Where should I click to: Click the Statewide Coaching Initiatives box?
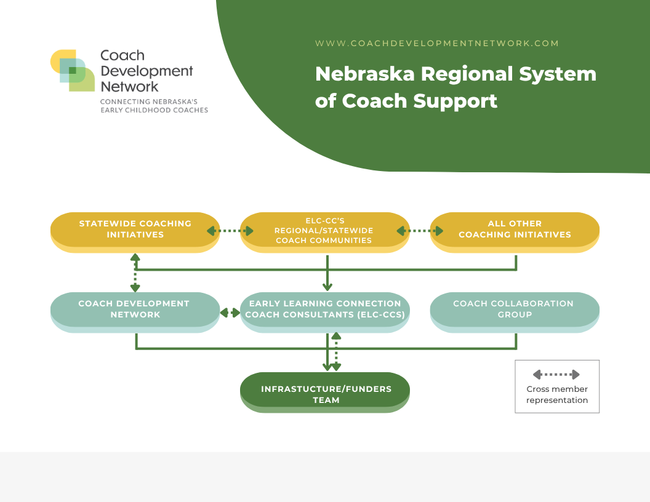point(135,233)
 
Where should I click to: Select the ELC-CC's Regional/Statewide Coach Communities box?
point(325,233)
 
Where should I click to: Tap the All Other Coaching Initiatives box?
point(515,233)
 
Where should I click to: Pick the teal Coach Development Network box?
point(135,313)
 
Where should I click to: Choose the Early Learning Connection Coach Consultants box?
point(325,313)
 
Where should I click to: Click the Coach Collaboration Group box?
point(515,313)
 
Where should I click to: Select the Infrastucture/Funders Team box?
point(325,392)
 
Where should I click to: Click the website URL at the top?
point(437,44)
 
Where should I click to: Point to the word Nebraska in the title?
point(365,74)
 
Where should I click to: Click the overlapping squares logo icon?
point(73,70)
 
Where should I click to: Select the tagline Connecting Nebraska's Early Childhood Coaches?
point(154,106)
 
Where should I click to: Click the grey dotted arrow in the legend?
point(556,375)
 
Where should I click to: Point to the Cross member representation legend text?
point(557,395)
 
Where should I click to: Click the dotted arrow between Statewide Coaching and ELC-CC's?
point(230,231)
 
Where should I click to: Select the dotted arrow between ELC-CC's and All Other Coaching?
point(420,231)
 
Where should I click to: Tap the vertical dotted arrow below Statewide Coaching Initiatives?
point(135,273)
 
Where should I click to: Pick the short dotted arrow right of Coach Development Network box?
point(230,313)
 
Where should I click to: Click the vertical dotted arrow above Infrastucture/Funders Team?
point(336,352)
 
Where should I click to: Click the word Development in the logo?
point(146,71)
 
